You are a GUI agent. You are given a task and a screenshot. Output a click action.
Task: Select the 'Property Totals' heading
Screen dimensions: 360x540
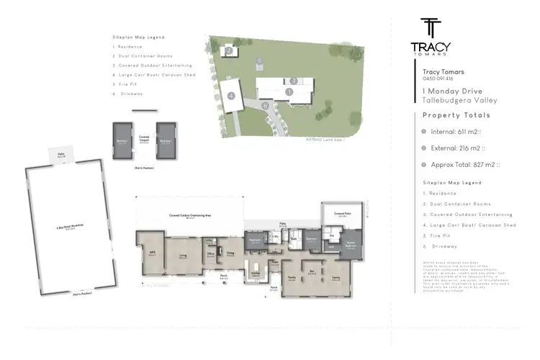[x=456, y=115]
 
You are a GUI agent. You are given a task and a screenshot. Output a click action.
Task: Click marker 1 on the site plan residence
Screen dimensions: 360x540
[x=288, y=92]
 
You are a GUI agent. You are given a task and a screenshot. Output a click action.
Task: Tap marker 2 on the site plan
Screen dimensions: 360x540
[x=228, y=50]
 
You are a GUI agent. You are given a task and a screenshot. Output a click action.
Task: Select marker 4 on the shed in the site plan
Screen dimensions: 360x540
[x=232, y=95]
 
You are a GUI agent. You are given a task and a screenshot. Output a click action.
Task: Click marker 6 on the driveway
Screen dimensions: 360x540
[x=266, y=105]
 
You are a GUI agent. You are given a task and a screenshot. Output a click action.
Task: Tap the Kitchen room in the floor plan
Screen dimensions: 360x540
[x=255, y=274]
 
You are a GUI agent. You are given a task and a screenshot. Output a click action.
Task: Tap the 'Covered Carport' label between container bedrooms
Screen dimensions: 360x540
[x=144, y=136]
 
